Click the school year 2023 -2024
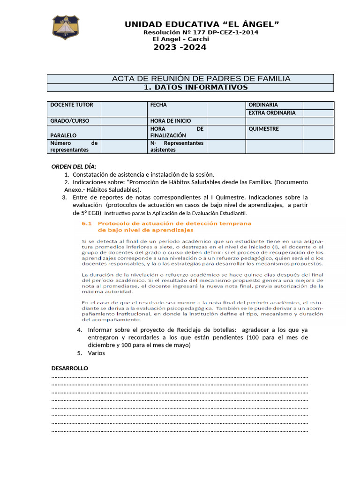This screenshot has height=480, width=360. click(180, 47)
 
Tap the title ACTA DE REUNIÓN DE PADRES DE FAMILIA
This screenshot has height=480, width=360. click(201, 79)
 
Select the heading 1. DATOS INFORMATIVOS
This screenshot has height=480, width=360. click(195, 87)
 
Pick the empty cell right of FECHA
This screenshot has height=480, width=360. click(226, 109)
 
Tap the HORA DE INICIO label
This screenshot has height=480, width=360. click(170, 121)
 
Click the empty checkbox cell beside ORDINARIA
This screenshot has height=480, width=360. click(318, 105)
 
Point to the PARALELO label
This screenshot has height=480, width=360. click(63, 135)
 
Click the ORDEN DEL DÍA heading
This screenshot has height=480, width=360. click(74, 166)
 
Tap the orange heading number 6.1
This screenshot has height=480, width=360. click(88, 224)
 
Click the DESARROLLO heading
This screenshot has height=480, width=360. click(69, 368)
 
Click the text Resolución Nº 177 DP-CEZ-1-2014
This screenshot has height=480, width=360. click(201, 32)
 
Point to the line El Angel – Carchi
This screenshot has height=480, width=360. click(184, 39)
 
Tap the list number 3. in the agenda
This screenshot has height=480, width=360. click(65, 197)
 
